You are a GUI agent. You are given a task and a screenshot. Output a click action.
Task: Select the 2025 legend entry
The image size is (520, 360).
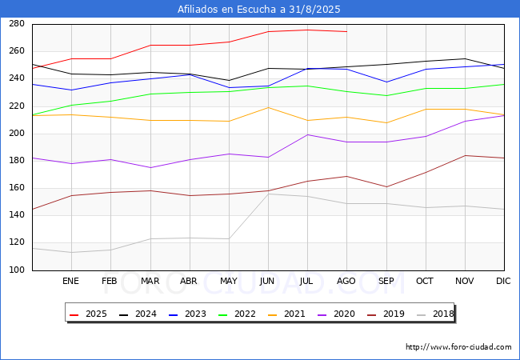coord(88,314)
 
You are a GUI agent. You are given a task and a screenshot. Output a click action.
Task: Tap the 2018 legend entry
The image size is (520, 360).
coord(435,314)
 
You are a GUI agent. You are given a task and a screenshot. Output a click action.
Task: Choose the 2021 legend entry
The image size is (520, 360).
coord(286,314)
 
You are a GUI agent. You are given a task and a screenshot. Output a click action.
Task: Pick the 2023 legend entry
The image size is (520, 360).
coord(187,314)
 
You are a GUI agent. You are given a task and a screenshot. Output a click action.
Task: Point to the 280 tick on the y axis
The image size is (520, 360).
coord(17,24)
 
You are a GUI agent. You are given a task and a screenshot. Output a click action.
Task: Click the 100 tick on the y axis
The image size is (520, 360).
coord(17,270)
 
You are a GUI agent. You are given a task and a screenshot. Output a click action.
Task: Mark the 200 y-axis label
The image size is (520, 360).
coord(17,134)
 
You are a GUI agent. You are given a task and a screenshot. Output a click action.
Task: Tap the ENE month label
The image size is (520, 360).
coord(70,281)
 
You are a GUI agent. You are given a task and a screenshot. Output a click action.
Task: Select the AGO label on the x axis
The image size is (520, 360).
coord(346,281)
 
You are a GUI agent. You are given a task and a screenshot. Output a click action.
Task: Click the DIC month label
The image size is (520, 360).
coord(503,281)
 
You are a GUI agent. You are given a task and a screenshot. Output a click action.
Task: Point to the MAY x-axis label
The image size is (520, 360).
coord(229,281)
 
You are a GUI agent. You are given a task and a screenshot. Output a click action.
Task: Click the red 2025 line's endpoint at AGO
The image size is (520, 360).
coord(347,31)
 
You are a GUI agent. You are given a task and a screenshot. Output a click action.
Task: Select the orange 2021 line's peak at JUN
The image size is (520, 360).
coord(268,107)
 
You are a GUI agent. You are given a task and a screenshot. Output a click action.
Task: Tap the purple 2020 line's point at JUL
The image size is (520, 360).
coord(308,134)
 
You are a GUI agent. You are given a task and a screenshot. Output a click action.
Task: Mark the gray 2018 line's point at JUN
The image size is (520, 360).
coord(268,194)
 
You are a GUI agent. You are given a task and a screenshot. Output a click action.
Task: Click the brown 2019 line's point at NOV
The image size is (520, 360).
coord(466,155)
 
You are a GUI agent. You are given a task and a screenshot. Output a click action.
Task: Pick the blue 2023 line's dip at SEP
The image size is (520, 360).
coord(386,82)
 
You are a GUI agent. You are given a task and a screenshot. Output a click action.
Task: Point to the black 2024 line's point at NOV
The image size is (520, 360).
coord(466,58)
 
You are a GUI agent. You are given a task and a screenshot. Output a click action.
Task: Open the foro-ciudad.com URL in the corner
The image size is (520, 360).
coord(458,347)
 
